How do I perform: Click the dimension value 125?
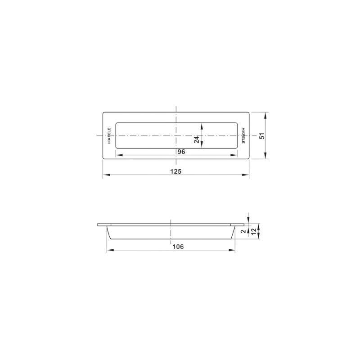(x=176, y=171)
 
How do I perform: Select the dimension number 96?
(x=181, y=152)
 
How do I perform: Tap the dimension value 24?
(x=197, y=139)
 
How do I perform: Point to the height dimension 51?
(x=262, y=136)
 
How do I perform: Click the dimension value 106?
(x=178, y=247)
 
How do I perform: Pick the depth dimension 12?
(x=253, y=231)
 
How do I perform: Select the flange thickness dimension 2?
(x=243, y=231)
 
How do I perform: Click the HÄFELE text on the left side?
(x=109, y=136)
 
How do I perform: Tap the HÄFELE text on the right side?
(x=243, y=135)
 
